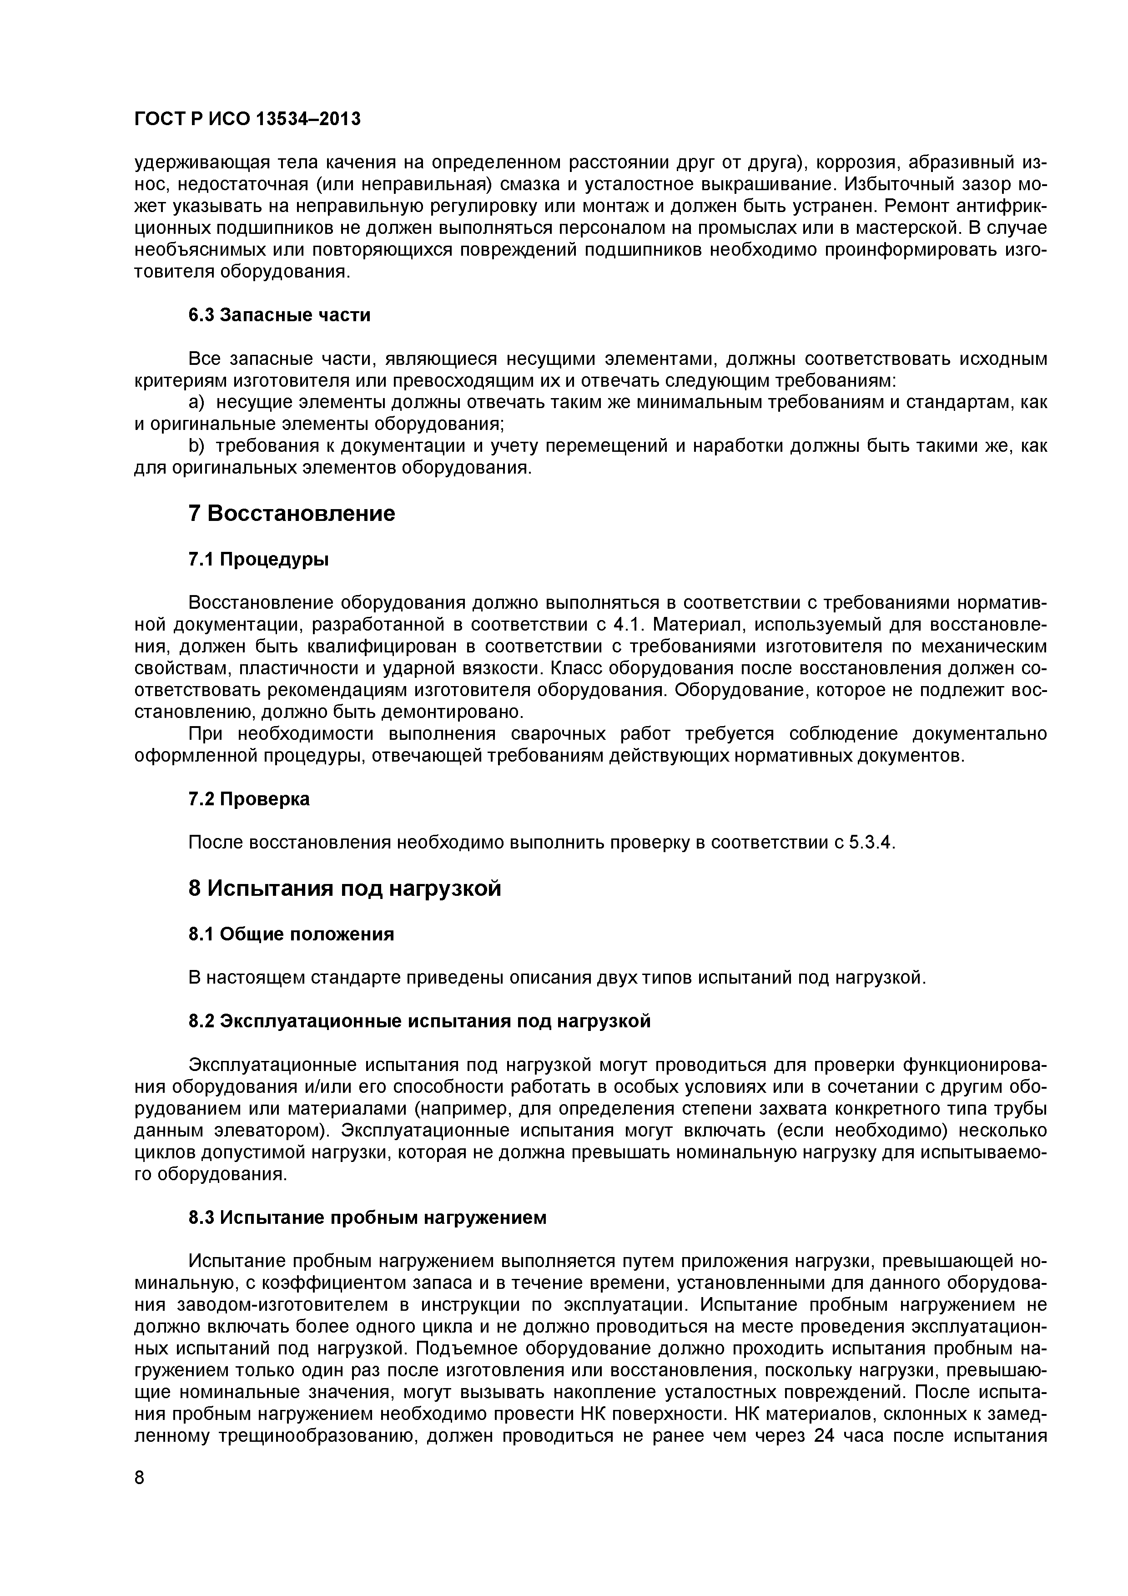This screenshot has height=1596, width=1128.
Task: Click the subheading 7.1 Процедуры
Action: pos(258,560)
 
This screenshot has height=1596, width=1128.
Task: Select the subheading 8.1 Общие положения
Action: pos(291,934)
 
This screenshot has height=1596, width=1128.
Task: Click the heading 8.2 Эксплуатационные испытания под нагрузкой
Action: pos(420,1021)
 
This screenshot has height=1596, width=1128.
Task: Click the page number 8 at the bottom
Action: pos(139,1516)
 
